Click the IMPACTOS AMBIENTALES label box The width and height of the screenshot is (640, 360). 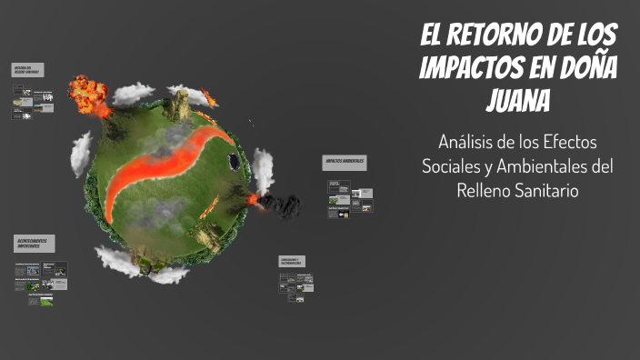tap(345, 161)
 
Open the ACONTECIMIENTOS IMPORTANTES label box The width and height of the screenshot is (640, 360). tap(35, 243)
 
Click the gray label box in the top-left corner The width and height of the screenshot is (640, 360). tap(28, 71)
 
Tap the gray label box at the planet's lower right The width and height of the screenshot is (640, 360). tap(292, 261)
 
